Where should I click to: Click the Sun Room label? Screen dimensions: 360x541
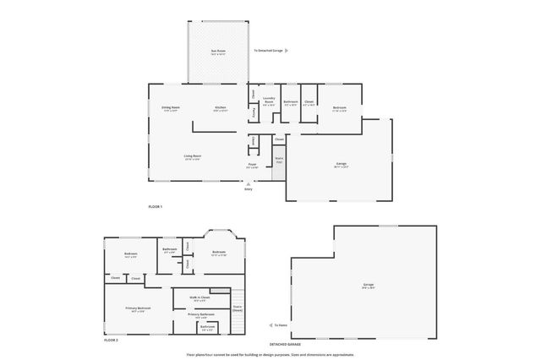(218, 52)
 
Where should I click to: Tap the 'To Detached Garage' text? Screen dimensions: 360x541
(270, 51)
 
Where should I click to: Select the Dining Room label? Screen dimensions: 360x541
(170, 108)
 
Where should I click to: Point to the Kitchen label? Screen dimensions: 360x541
(220, 108)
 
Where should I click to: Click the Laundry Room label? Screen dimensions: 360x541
(269, 101)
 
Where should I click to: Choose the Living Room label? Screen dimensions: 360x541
(193, 156)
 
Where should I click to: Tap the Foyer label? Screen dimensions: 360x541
(252, 166)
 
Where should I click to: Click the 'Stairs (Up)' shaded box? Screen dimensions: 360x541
(279, 160)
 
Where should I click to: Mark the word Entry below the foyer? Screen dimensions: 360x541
(249, 189)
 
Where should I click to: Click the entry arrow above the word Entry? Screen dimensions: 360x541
(249, 183)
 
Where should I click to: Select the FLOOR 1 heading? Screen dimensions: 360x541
(155, 207)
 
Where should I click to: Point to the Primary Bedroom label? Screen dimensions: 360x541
(138, 309)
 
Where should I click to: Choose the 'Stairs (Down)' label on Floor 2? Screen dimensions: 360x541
(238, 308)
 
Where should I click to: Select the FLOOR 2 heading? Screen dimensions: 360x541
(111, 340)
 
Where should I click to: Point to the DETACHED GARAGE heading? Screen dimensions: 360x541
(285, 345)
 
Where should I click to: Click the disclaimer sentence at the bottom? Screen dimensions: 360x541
(270, 355)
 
